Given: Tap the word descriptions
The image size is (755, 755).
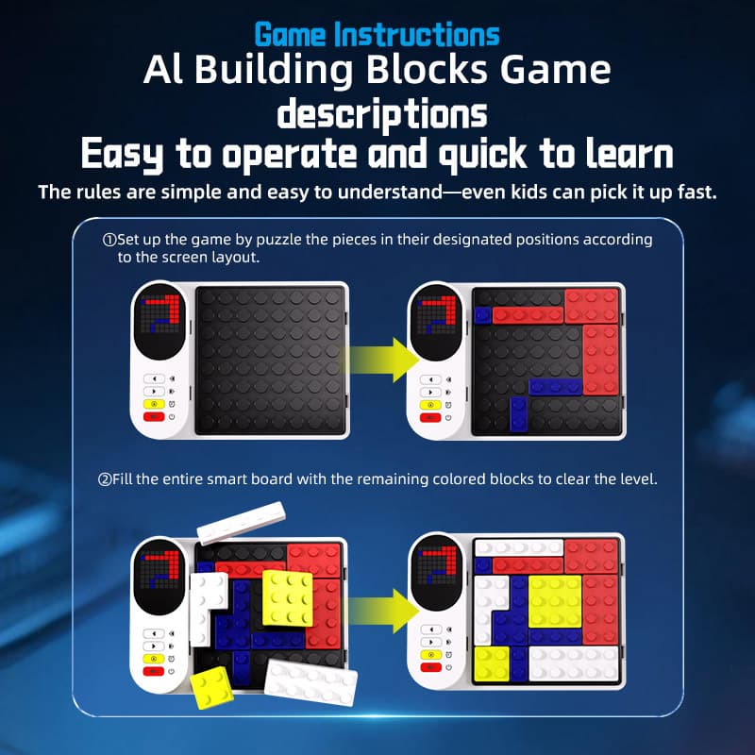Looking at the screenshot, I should coord(381,114).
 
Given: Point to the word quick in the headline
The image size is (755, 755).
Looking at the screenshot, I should coord(449,155).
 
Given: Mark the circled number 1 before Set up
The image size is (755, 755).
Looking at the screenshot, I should coord(109,240).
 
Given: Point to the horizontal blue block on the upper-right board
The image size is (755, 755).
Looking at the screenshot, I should coord(555,385).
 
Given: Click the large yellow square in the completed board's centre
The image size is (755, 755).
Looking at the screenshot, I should coord(556,604).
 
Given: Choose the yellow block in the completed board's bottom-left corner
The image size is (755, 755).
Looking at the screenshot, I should coord(491,664).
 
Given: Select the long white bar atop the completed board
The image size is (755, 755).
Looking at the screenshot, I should coord(519,547).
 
